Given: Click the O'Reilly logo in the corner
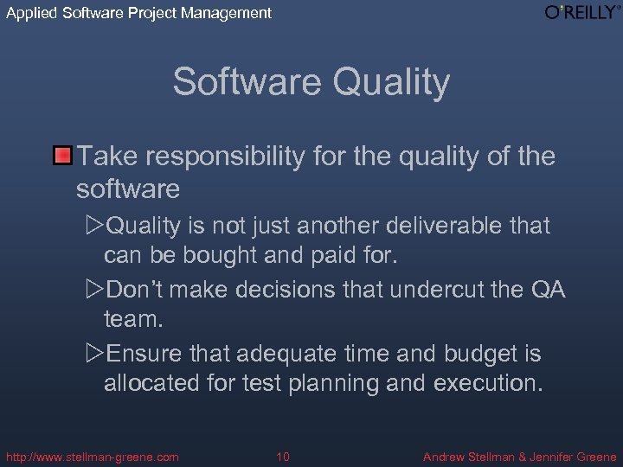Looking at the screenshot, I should click(x=582, y=12).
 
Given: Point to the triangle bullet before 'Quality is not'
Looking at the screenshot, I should click(x=94, y=226).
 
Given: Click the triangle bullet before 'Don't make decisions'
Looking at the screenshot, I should click(x=94, y=290).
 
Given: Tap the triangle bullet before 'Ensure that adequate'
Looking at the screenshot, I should click(x=94, y=354).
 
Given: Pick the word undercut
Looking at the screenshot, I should click(x=440, y=290).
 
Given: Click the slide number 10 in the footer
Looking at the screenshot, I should click(x=283, y=457).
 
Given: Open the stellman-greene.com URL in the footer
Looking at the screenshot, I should click(x=93, y=457).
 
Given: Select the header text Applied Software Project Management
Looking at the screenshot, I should click(x=138, y=13).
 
